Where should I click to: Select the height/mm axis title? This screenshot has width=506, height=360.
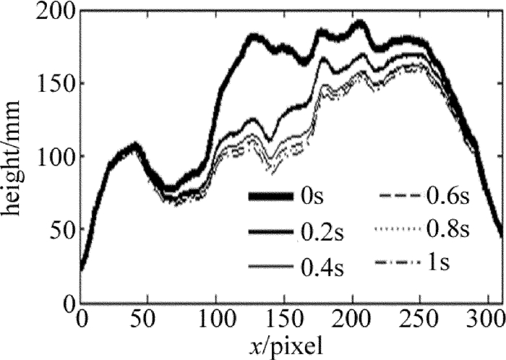[15, 155]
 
